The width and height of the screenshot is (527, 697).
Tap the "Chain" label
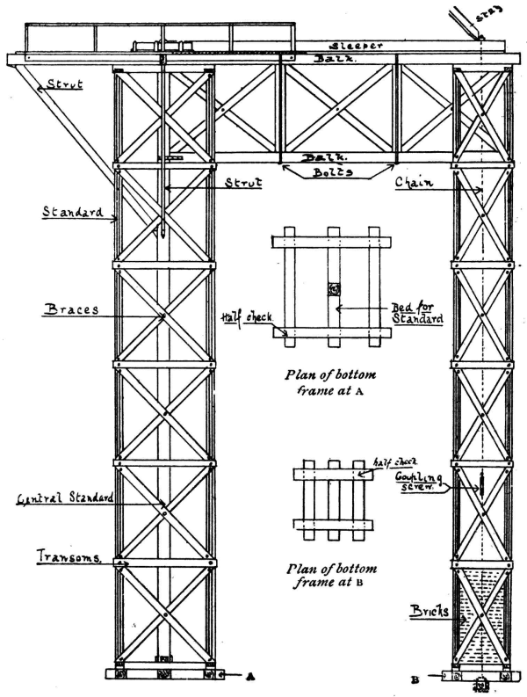(412, 181)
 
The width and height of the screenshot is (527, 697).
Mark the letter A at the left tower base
(251, 677)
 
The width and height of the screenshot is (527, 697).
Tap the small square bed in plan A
(336, 289)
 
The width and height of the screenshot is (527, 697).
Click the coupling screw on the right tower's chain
(482, 483)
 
